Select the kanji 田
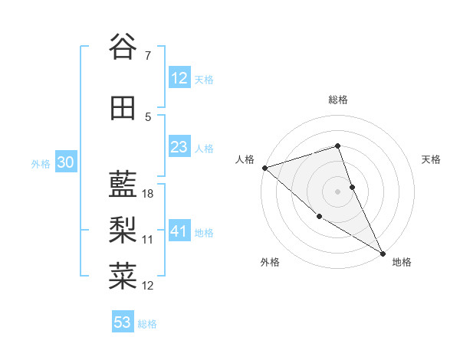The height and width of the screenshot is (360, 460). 123,109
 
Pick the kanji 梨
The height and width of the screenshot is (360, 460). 123,229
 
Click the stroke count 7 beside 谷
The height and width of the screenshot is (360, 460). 148,56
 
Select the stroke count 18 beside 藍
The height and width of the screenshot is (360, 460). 149,194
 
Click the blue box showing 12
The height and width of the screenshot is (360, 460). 179,79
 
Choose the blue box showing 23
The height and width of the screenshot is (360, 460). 179,148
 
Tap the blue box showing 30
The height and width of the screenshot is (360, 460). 65,163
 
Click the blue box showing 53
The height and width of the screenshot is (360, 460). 122,322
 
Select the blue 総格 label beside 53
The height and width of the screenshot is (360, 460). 147,324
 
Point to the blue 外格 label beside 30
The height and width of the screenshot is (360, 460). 41,164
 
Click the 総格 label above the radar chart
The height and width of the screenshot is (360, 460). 337,100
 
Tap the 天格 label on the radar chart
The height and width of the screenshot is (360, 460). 432,159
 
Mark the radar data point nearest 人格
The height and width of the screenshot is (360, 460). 264,167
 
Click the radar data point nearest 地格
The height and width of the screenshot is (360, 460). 383,252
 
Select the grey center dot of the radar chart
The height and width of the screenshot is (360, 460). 337,191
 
